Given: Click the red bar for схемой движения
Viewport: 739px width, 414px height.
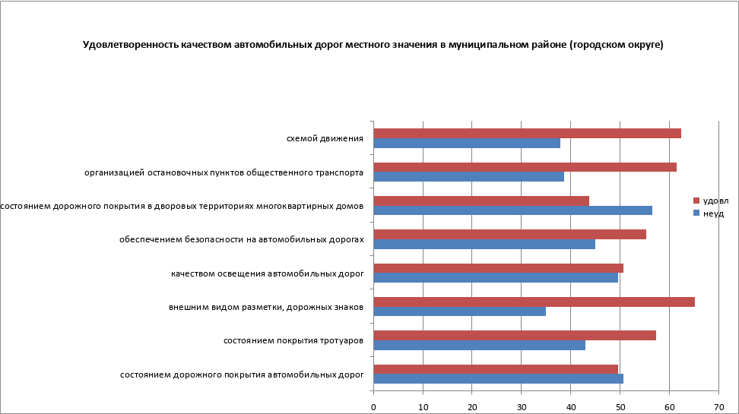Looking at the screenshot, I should pos(527,133).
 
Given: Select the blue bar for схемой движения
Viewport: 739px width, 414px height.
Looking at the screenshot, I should pos(467,143).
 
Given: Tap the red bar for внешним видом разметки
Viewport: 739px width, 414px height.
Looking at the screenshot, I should pos(534,302).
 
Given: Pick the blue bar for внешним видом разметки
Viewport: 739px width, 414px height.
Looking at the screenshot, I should pos(459,311).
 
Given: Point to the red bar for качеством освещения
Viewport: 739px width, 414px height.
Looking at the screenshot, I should pos(498,268).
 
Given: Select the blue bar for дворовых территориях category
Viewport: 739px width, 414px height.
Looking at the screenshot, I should pos(512,210).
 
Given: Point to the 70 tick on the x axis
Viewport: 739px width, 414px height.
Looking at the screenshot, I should pos(718,406).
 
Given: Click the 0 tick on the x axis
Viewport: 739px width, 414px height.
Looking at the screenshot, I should pos(373,406).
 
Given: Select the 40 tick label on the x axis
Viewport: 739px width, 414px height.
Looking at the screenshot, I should pos(571,406).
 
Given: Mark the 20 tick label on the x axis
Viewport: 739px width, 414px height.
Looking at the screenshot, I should pos(472,406).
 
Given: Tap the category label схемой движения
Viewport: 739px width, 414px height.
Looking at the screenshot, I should pos(324,138).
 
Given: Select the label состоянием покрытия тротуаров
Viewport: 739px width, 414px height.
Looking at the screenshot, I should pos(293,341).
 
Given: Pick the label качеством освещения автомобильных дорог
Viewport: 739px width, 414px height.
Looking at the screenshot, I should pos(267,273).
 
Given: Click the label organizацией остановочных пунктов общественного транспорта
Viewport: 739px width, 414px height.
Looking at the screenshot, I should pos(224,172).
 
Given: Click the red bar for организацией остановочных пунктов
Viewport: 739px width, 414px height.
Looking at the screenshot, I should pos(525,167).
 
